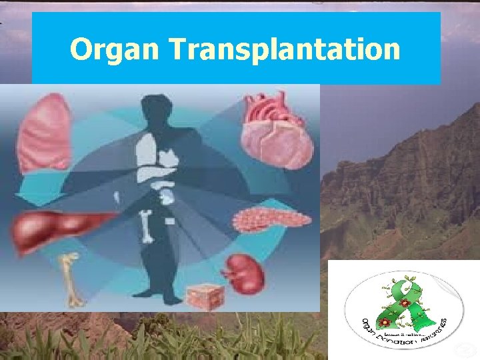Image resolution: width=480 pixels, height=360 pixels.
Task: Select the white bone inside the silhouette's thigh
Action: (x=147, y=227)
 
